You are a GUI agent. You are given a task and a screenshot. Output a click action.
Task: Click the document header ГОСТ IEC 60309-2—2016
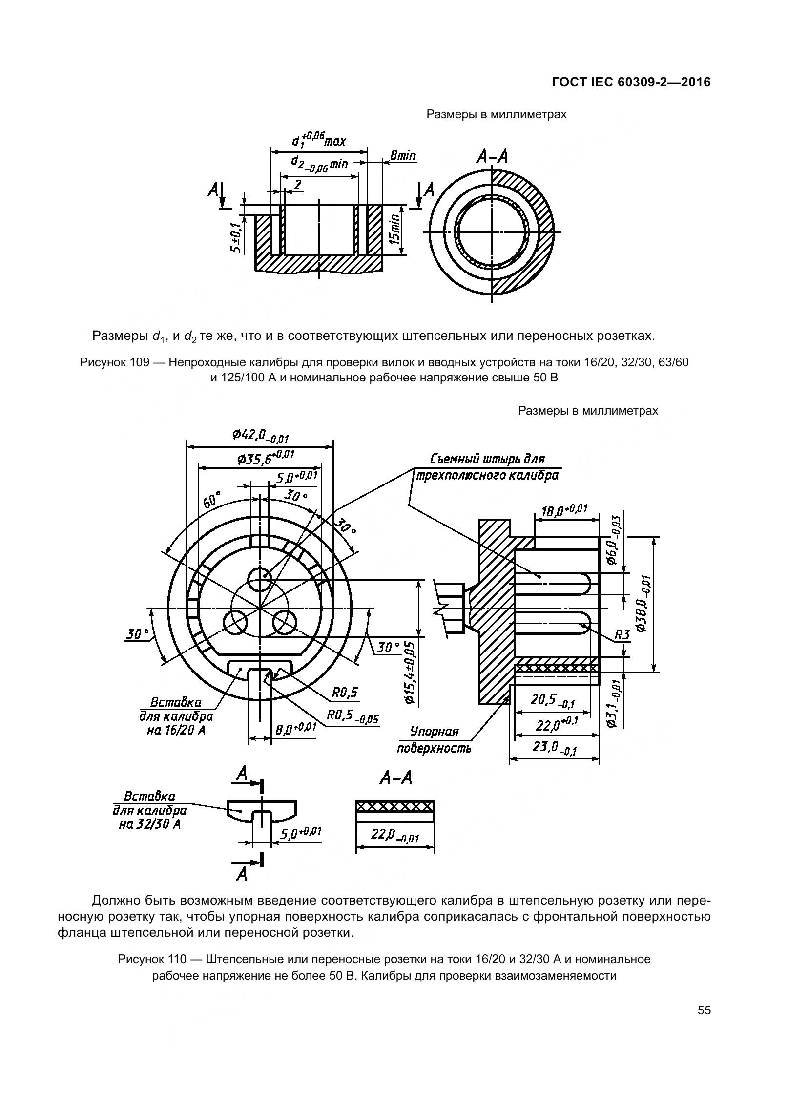[x=631, y=83]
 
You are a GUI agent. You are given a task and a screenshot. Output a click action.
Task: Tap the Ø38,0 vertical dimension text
[x=643, y=603]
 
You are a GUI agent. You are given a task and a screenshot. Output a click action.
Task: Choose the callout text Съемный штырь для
[x=487, y=459]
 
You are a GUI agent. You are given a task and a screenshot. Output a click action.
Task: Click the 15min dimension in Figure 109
[x=395, y=230]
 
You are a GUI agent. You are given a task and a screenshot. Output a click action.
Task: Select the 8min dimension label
[x=402, y=155]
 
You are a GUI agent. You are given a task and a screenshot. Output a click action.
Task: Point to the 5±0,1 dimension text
[x=236, y=238]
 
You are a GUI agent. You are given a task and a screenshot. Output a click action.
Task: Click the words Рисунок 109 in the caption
[x=111, y=362]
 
